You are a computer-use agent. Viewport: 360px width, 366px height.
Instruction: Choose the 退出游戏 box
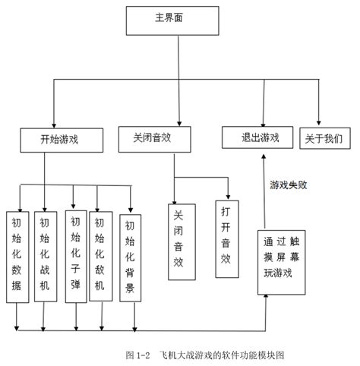(259, 137)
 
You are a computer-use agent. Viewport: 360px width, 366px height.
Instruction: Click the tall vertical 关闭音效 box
(178, 239)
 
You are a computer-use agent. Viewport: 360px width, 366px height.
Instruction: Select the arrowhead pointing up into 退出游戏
(263, 153)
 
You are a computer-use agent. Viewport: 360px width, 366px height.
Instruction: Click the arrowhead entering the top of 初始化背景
(131, 209)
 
